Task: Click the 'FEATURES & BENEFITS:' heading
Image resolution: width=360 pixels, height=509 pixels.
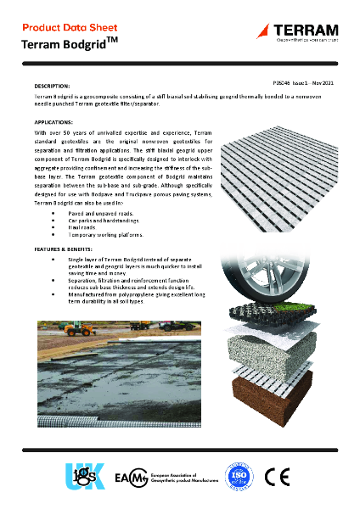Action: tap(65, 249)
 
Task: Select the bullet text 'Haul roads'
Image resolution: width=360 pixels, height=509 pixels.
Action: tap(82, 227)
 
